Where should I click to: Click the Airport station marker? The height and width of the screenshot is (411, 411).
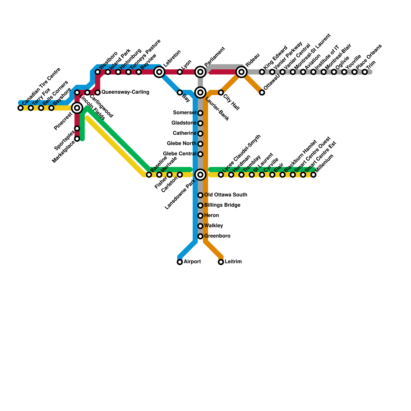pos(180,262)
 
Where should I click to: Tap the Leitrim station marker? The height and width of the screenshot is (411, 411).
pos(221,262)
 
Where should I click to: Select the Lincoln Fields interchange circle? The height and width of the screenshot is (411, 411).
pos(77,108)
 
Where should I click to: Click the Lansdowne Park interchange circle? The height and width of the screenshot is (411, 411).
pos(200,175)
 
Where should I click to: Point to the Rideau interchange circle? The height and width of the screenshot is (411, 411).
pos(241,72)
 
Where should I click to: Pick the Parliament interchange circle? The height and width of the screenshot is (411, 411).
pos(200,72)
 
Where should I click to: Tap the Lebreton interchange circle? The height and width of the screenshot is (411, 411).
pos(159,72)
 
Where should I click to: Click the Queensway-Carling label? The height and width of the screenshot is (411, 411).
pos(125,92)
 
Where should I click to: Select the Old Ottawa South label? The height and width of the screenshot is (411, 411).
pos(226,195)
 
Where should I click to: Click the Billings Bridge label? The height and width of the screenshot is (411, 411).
pos(222,205)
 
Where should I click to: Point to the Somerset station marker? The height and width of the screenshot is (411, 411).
pos(200,113)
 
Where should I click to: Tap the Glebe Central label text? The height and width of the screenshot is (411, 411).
pos(180,154)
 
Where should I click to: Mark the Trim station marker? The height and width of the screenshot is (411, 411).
pos(365,72)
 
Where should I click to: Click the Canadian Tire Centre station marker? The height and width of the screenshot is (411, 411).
pos(21,108)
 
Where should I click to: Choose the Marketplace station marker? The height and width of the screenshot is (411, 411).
pos(77,139)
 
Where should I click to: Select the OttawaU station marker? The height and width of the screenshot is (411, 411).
pos(262,92)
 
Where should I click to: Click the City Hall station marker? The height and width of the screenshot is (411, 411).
pos(221,92)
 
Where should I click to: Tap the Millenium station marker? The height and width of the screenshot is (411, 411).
pos(313,175)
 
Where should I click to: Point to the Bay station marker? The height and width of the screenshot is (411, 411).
pos(180,92)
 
